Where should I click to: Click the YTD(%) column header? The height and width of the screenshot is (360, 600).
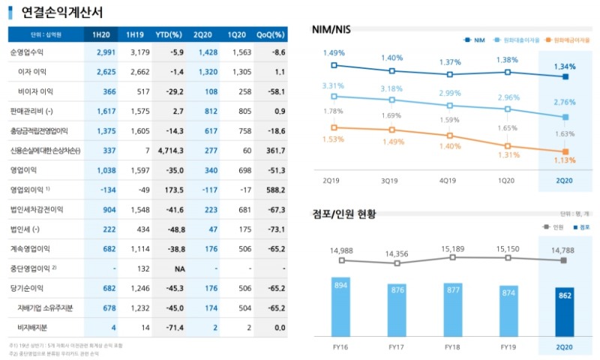click(x=169, y=34)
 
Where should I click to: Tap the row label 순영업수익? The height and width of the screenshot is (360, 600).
click(x=28, y=52)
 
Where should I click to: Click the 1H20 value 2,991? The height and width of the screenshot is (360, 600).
click(x=104, y=52)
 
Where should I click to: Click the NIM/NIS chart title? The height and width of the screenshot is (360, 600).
click(x=335, y=30)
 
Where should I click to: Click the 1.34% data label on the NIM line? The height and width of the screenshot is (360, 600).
click(x=565, y=65)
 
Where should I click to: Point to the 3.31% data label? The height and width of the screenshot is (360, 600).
click(x=333, y=86)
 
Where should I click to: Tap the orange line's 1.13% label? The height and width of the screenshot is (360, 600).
click(x=565, y=160)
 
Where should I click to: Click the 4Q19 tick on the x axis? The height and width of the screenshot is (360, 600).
click(x=448, y=181)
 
